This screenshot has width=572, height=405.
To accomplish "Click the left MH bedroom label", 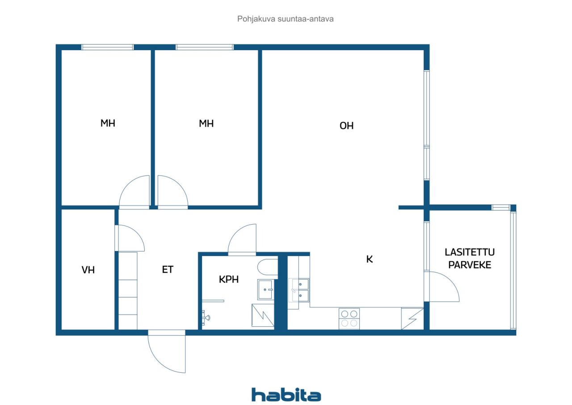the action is [108, 123].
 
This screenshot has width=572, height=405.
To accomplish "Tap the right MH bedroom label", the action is [206, 124].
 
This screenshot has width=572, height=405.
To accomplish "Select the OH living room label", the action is [346, 126].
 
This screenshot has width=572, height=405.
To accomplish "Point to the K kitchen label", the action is [370, 259].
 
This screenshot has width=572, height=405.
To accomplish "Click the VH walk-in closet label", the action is [88, 270].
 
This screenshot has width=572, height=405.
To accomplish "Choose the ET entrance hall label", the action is [168, 269].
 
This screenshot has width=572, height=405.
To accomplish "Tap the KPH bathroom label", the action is [229, 279].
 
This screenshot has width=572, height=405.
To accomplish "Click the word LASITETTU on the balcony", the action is [470, 252].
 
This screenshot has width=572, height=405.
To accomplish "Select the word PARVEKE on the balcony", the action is [470, 265].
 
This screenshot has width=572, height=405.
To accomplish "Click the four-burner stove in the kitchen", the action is [349, 319].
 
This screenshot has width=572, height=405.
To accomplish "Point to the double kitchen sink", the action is [301, 290].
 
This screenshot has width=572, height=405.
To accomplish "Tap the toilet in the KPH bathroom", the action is [267, 267].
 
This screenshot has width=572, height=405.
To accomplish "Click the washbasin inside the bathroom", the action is [265, 290].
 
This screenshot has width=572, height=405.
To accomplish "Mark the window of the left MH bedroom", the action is [108, 47].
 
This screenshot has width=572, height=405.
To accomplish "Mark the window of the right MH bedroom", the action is [204, 47].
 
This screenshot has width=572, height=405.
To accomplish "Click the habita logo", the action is [286, 395].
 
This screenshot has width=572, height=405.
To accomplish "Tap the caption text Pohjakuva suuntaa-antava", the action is [285, 19].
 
